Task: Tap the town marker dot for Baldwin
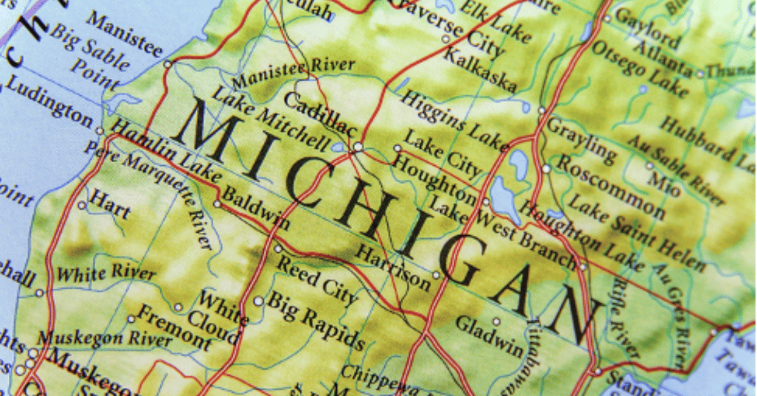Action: pos(217,204)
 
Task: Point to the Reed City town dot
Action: pos(278,249)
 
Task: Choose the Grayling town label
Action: pos(580,137)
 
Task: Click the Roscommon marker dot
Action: pos(546,169)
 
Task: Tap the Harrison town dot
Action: pos(435,275)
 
